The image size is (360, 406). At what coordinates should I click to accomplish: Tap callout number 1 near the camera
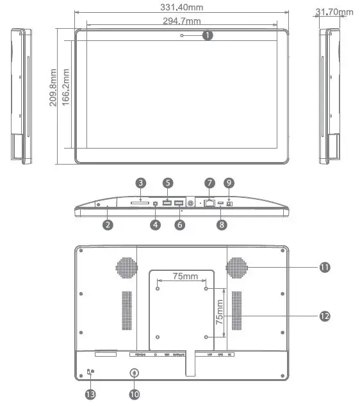point(207,36)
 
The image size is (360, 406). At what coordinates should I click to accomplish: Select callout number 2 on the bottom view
point(108,225)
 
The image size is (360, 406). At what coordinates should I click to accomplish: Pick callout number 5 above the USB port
point(168,183)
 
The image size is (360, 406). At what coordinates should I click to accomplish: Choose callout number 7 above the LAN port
point(209,183)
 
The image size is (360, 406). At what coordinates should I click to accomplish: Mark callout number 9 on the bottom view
point(229,183)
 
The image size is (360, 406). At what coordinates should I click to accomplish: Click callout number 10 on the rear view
point(134,394)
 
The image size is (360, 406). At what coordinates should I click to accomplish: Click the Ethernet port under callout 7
point(209,204)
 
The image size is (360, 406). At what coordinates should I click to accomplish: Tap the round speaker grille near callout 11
point(237,268)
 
